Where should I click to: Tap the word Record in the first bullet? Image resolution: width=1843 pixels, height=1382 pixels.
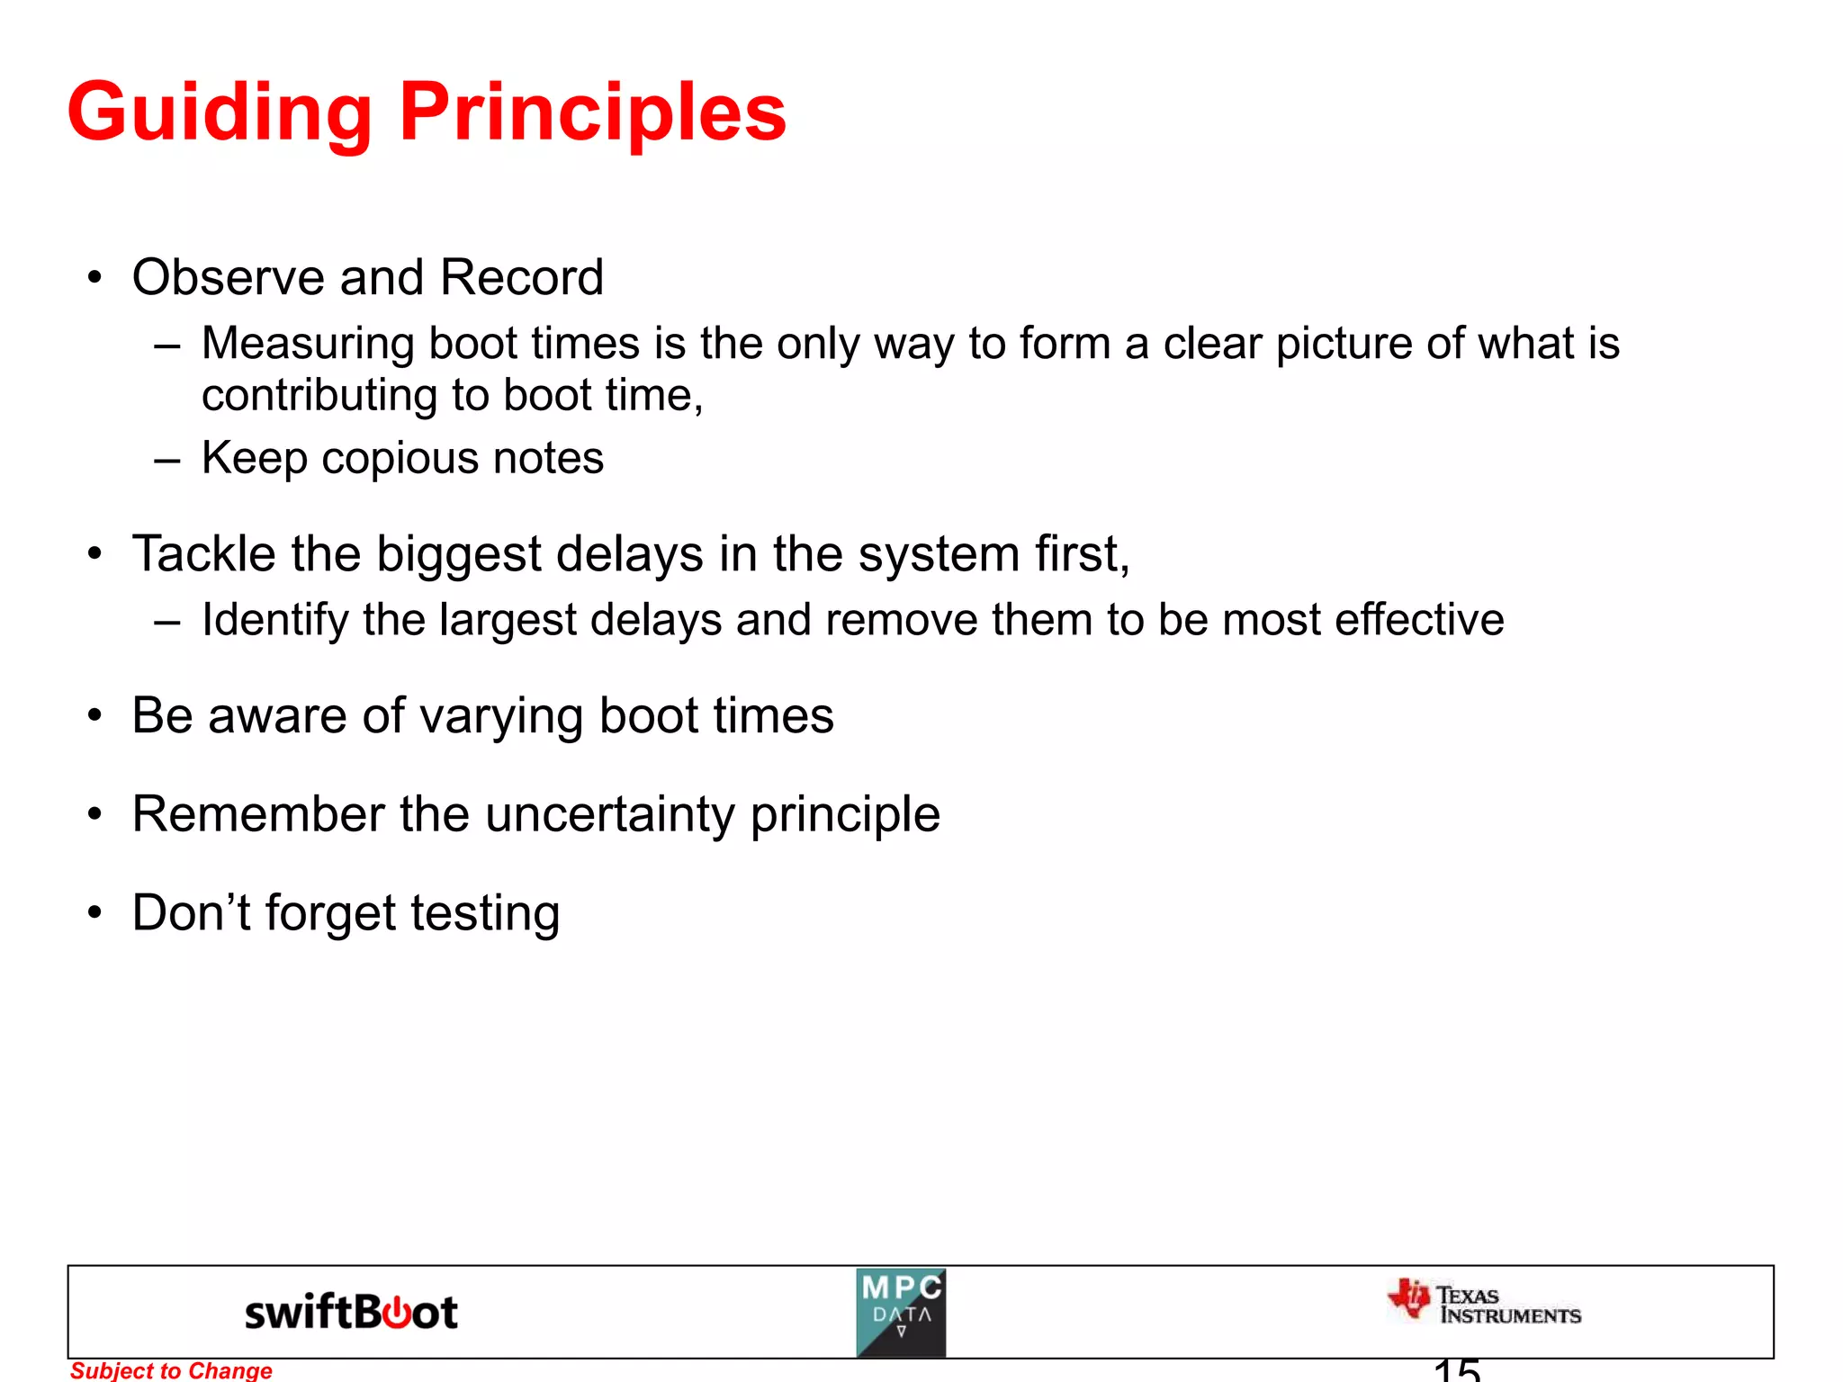coord(521,277)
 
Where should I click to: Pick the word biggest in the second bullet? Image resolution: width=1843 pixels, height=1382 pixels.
coord(458,555)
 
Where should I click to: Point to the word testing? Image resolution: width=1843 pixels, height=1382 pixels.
coord(486,914)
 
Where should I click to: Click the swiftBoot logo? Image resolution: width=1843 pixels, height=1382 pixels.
coord(351,1313)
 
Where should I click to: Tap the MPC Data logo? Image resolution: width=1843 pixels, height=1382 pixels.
coord(901,1313)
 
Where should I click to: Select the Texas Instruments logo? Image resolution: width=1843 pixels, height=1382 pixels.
coord(1484,1303)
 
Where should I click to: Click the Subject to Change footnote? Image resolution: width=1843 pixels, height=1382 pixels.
coord(171,1370)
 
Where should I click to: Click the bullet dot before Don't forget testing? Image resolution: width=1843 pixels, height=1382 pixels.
coord(95,913)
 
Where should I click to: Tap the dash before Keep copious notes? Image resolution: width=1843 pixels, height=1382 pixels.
coord(167,459)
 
